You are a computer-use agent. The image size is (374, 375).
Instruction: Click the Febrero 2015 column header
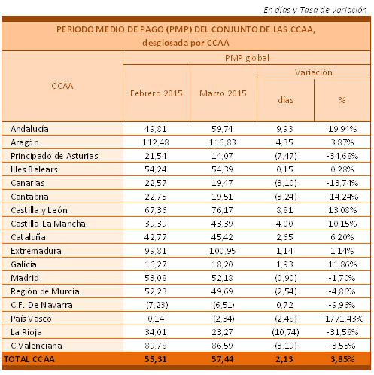tap(156, 93)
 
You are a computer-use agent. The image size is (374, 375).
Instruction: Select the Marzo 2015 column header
tap(223, 93)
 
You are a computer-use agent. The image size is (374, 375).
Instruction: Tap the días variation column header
tap(286, 100)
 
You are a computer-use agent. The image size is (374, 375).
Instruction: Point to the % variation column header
tap(342, 100)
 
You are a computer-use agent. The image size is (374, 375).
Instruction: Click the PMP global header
tap(247, 58)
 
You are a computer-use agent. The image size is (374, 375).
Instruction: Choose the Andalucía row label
tap(29, 129)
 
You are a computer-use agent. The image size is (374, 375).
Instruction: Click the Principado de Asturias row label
tap(54, 156)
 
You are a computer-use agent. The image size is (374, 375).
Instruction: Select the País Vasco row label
tap(31, 319)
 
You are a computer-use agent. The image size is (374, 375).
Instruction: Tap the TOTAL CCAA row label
tap(29, 359)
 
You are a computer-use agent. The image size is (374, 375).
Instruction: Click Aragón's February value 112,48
tap(156, 142)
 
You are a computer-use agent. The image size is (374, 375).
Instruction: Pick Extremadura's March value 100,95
tap(223, 251)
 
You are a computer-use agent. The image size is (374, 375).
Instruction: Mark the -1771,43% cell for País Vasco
tap(342, 319)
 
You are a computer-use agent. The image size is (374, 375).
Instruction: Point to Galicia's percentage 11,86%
tap(342, 264)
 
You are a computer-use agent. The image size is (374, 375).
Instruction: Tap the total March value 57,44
tap(222, 359)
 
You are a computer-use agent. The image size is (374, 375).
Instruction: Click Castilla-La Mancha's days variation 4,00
tap(284, 224)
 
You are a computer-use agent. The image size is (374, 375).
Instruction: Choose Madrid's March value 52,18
tap(222, 278)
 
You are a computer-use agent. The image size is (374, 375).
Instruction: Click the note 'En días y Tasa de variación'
tap(315, 10)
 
